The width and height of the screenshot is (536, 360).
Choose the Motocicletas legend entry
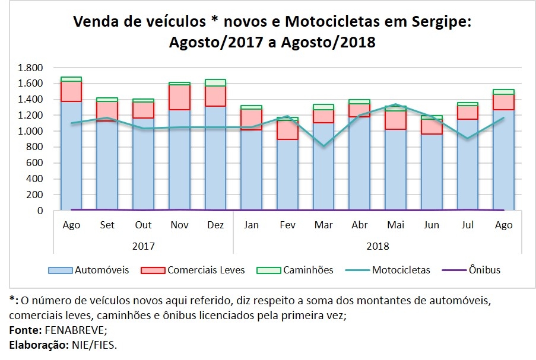(x=401, y=270)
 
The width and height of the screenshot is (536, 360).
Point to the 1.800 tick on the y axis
(x=30, y=68)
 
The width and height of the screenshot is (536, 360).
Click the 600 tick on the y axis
(x=35, y=163)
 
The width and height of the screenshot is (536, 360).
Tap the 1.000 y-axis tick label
(x=30, y=131)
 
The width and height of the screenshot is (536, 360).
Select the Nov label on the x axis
(x=179, y=225)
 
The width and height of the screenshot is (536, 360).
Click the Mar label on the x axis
(x=323, y=225)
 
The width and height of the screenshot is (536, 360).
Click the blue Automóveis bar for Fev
(x=287, y=175)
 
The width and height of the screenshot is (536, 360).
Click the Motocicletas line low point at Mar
(x=323, y=145)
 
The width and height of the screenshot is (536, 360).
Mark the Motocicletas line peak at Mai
(x=395, y=104)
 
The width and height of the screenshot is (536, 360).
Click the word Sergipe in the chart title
(x=439, y=23)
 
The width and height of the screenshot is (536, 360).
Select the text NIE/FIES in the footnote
(x=94, y=345)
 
